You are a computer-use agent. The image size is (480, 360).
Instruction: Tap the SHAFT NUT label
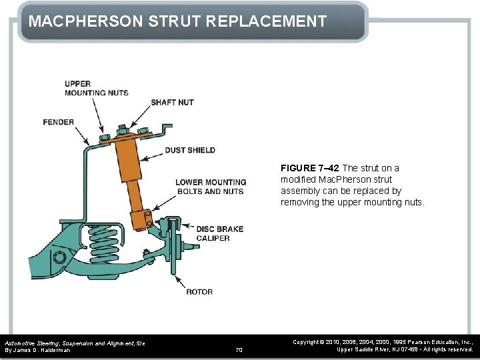point(172,102)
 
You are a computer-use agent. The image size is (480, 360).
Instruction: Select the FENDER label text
point(58,122)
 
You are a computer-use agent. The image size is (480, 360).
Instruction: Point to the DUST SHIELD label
point(189,150)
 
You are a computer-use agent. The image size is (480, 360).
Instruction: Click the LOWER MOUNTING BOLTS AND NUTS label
point(211,187)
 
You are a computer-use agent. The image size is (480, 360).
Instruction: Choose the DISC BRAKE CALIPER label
point(219,233)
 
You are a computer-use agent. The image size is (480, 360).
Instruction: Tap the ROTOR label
point(199,291)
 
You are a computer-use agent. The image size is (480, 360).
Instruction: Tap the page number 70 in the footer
point(239,349)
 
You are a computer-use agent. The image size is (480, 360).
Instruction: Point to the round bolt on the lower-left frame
point(59,257)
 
